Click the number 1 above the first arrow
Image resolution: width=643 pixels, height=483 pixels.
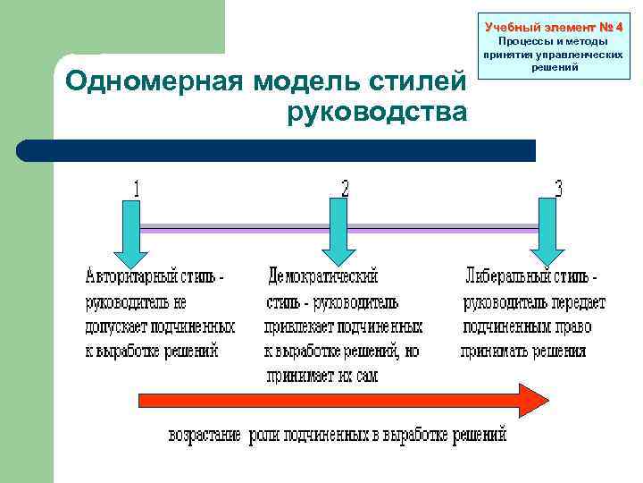136,189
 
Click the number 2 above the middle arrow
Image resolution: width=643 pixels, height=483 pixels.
345,189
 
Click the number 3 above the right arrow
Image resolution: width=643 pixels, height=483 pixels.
558,189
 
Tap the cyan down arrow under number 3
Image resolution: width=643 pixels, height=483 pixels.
548,232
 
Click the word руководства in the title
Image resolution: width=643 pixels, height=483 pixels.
377,112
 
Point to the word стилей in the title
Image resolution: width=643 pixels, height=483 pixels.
426,82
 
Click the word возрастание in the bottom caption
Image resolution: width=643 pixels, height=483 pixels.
205,436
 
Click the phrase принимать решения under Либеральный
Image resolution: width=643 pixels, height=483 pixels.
524,352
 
